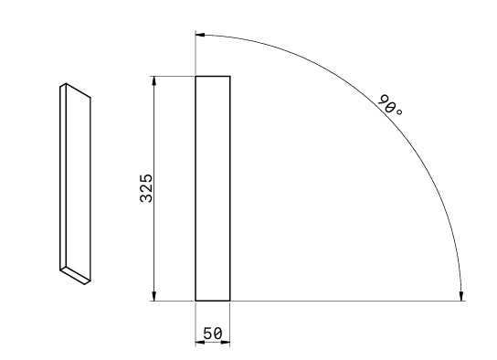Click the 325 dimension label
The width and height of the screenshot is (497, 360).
pos(146,188)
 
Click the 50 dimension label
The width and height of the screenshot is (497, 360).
pos(212,334)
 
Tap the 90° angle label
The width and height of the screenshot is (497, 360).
pos(390,105)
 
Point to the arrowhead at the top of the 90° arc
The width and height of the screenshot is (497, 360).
pos(200,35)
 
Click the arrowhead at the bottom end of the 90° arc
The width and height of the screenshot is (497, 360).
pos(461,295)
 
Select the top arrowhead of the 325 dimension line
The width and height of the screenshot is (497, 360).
pos(154,81)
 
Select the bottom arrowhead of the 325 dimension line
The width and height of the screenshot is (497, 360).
pos(154,296)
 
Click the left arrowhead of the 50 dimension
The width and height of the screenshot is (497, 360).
pos(200,342)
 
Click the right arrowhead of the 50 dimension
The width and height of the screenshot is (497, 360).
pos(225,342)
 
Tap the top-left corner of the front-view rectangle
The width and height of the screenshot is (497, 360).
pos(196,77)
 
